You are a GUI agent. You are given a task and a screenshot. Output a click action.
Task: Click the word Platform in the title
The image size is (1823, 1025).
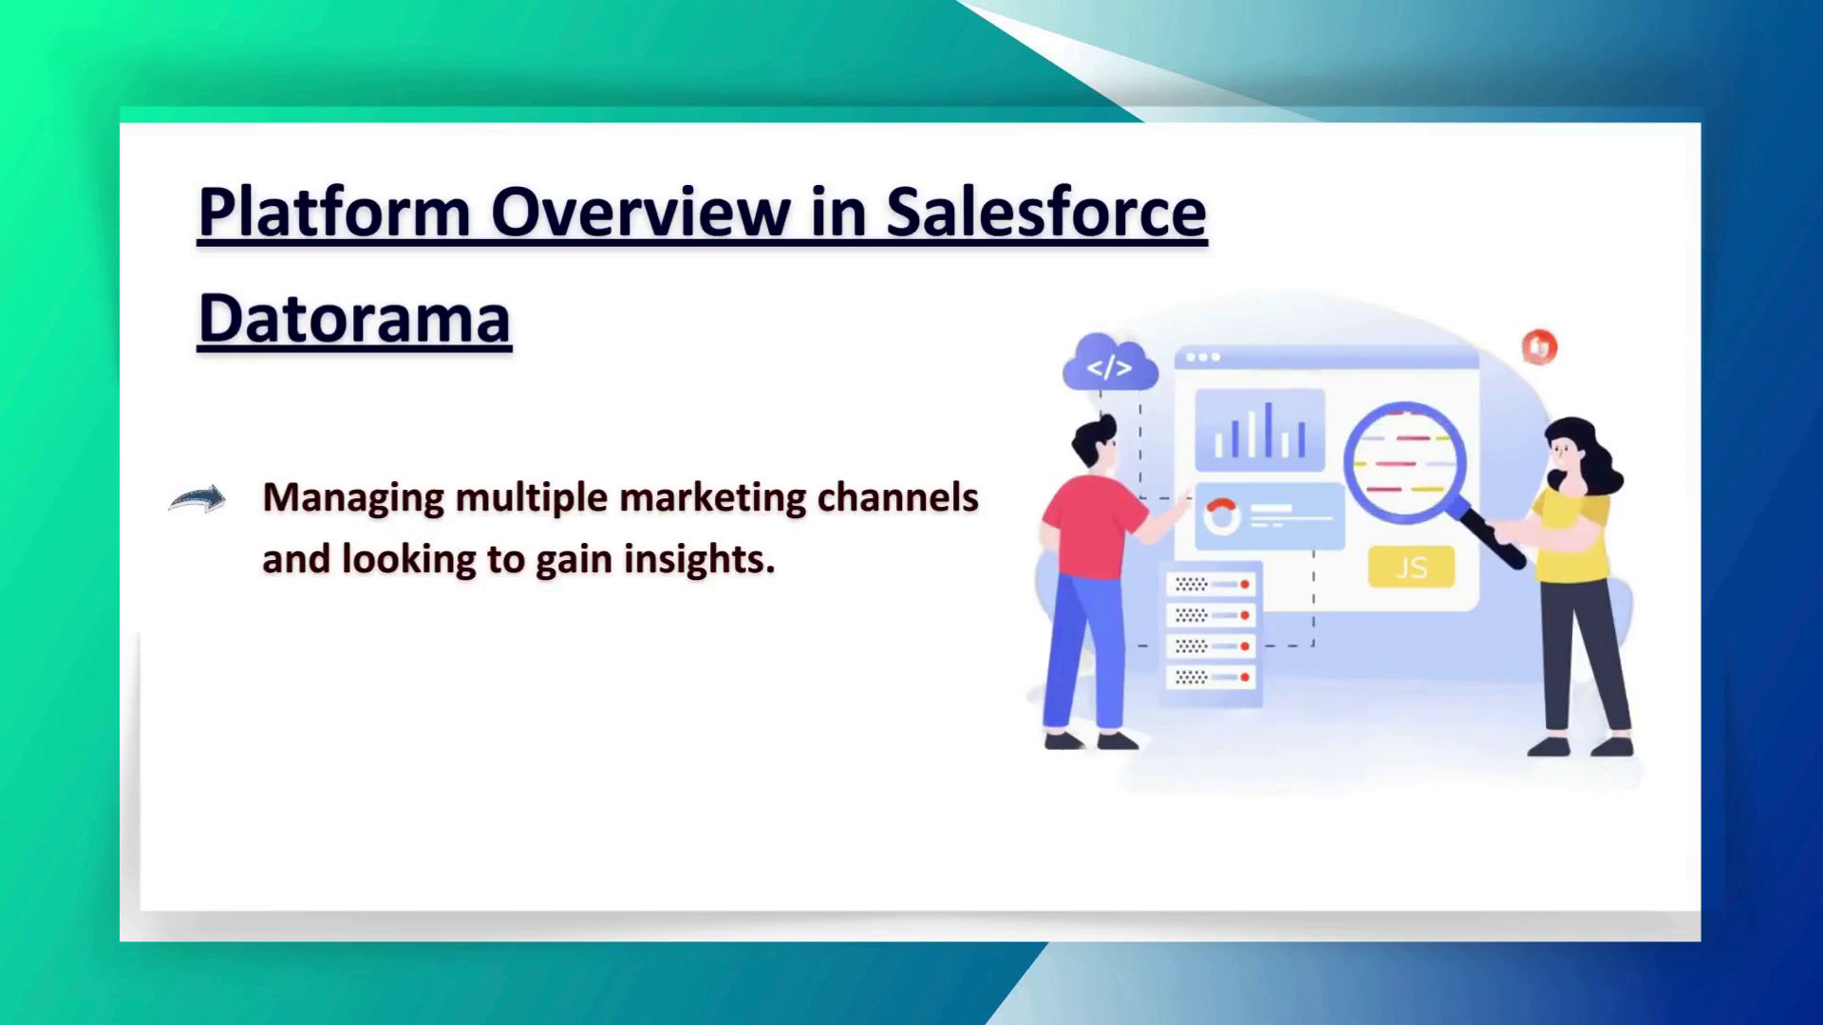334,212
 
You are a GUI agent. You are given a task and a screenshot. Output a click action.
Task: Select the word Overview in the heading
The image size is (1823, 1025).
640,212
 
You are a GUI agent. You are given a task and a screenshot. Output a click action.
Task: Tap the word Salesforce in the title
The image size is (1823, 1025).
1046,212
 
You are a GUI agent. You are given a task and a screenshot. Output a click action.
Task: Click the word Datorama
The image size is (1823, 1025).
354,319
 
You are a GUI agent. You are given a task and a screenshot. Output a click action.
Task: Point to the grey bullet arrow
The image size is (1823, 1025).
197,498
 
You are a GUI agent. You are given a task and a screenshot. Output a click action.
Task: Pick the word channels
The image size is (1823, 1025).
897,497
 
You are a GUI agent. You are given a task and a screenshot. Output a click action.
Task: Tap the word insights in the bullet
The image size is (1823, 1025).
699,559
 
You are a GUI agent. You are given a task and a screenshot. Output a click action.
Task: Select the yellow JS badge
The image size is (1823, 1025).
1411,567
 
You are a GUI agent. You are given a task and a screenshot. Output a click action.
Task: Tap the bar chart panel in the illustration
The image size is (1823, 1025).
1259,430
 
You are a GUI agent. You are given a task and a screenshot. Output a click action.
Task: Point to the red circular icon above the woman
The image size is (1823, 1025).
1539,346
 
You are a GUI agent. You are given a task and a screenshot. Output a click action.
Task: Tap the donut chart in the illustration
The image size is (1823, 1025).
1221,516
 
